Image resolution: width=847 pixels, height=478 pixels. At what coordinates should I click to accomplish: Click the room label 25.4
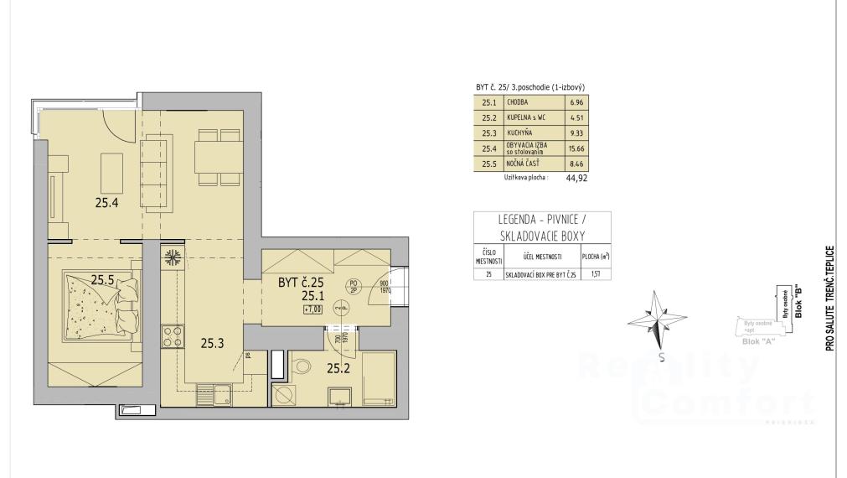click(x=106, y=201)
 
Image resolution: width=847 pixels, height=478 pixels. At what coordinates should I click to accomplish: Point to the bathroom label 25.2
click(x=338, y=367)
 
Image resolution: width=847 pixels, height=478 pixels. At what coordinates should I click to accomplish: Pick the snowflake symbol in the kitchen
click(x=174, y=257)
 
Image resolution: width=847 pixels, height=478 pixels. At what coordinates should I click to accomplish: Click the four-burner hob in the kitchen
click(x=173, y=336)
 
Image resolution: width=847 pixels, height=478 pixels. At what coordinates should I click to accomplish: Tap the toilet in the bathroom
click(x=303, y=365)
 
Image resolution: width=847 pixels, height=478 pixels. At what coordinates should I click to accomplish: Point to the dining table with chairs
click(x=219, y=154)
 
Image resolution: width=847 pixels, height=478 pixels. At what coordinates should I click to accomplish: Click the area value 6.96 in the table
click(x=575, y=102)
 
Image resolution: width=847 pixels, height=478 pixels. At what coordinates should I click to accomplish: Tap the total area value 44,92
click(x=576, y=178)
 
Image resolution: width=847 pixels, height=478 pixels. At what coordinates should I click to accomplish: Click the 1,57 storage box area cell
click(x=596, y=274)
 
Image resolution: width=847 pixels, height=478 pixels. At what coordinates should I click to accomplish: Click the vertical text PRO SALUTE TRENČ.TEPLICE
click(x=829, y=298)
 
